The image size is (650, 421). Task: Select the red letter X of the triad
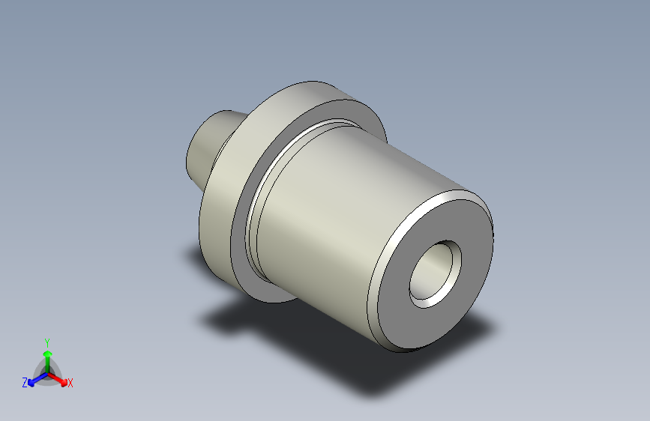point(70,384)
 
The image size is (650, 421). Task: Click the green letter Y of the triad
point(46,340)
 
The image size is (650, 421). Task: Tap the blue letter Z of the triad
point(25,383)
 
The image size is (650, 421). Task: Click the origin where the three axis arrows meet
point(47,371)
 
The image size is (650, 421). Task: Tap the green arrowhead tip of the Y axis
point(47,350)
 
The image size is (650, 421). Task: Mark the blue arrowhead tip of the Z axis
point(31,381)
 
